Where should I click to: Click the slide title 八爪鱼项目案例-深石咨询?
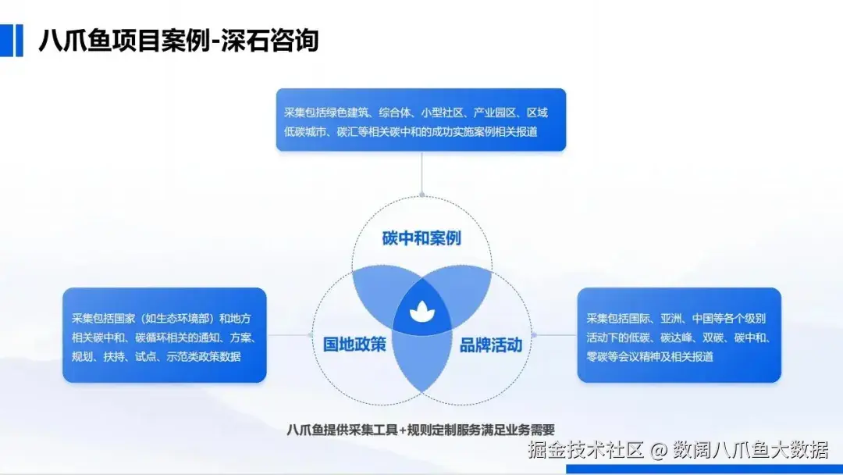(179, 41)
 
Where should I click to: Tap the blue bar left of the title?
(11, 41)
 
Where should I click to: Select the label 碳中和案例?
(421, 237)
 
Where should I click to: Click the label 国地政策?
(354, 345)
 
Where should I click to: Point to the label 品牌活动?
(491, 345)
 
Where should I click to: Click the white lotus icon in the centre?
(422, 312)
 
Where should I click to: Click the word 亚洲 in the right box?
(671, 319)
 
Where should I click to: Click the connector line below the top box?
(422, 173)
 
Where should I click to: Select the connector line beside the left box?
(290, 335)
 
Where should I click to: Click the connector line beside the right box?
(554, 335)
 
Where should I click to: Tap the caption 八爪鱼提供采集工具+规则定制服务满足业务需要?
(421, 430)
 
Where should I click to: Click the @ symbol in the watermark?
(659, 451)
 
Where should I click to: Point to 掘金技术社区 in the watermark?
(585, 450)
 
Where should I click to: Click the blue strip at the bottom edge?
(704, 469)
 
